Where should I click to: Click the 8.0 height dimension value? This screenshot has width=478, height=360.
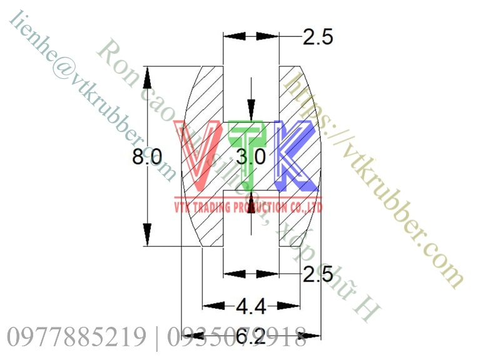coord(147,157)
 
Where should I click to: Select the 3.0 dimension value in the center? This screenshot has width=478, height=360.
coord(251,157)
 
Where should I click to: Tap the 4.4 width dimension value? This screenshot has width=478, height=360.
coord(251,307)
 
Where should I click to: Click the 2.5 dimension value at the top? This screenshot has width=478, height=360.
coord(317,38)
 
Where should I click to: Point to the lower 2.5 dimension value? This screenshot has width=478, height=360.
coord(317,274)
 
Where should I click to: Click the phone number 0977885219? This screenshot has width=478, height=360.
coord(76,337)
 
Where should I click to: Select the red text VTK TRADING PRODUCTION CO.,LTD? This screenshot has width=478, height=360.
coord(248,207)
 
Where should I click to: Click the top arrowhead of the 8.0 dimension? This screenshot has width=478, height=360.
coord(148,76)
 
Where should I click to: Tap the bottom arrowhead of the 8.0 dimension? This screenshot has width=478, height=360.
coord(148,236)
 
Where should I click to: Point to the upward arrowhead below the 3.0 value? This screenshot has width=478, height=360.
coord(251,199)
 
